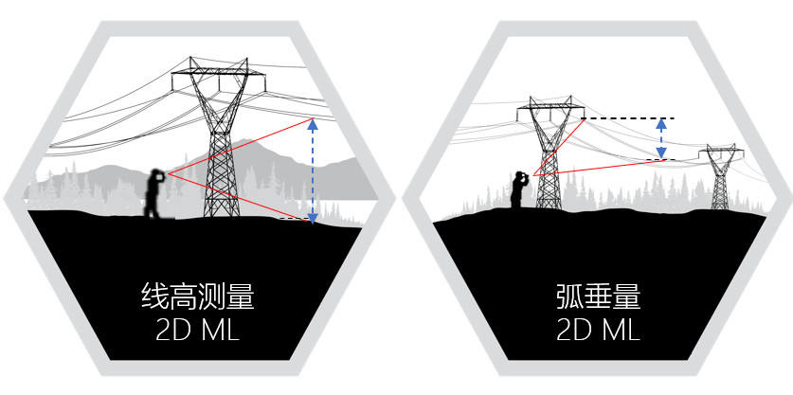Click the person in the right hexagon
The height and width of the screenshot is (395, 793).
click(519, 189)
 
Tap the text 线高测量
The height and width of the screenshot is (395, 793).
click(198, 297)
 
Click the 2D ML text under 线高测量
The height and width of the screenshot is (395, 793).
click(198, 331)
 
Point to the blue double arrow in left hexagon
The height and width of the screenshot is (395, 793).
click(312, 171)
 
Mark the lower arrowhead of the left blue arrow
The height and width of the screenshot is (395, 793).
click(312, 219)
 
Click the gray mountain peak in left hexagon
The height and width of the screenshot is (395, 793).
click(248, 142)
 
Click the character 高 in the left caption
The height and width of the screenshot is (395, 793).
click(184, 297)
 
